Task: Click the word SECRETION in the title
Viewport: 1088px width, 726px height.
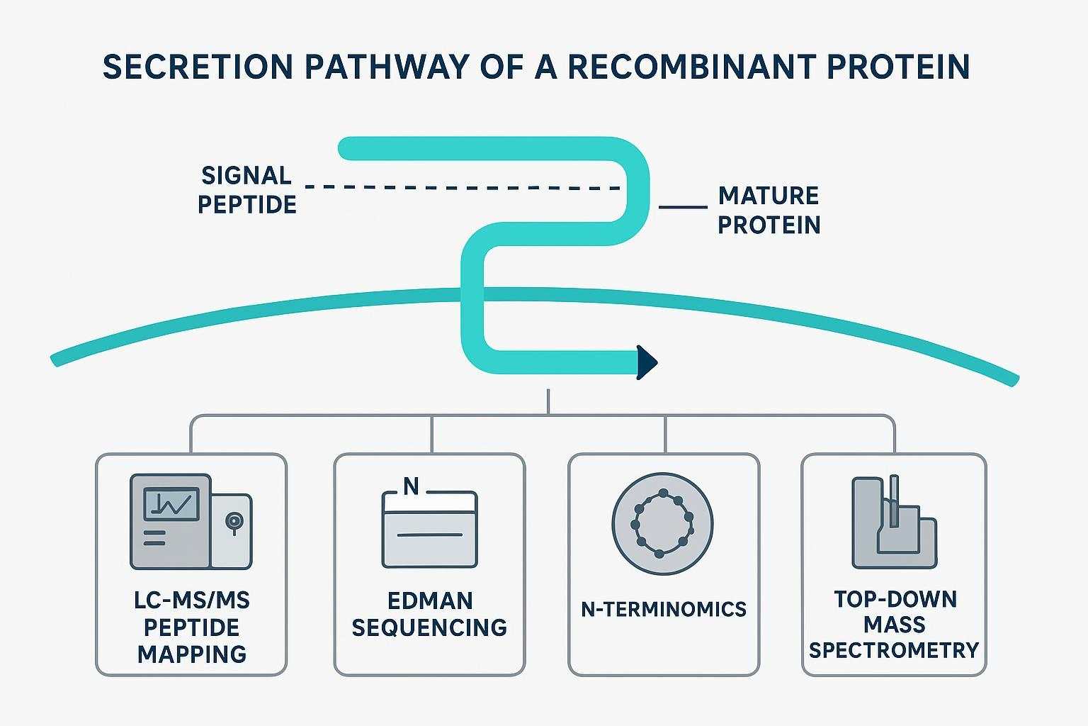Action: tap(198, 67)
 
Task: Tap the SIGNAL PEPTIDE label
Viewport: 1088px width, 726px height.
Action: tap(246, 190)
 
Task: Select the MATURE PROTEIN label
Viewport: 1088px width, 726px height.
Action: tap(769, 210)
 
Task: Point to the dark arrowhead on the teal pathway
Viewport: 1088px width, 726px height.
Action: tap(647, 362)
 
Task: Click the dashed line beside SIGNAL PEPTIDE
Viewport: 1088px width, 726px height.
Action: tap(460, 188)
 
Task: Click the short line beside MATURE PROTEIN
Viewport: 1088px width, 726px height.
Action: tap(683, 207)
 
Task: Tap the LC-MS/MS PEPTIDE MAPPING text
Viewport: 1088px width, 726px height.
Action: tap(192, 627)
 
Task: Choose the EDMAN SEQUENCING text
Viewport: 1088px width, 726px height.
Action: tap(429, 614)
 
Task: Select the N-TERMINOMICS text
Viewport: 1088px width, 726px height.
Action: tap(664, 609)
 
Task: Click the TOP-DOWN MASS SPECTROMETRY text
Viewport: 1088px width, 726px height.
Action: tap(894, 625)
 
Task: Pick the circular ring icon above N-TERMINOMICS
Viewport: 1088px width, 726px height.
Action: tap(662, 524)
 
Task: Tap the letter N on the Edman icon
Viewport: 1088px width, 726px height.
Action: tap(411, 486)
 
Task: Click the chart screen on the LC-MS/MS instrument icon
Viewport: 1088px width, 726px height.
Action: tap(171, 504)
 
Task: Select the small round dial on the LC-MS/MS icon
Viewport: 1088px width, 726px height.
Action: tap(232, 521)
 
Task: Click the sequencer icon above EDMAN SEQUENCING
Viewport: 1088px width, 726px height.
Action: tap(429, 528)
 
